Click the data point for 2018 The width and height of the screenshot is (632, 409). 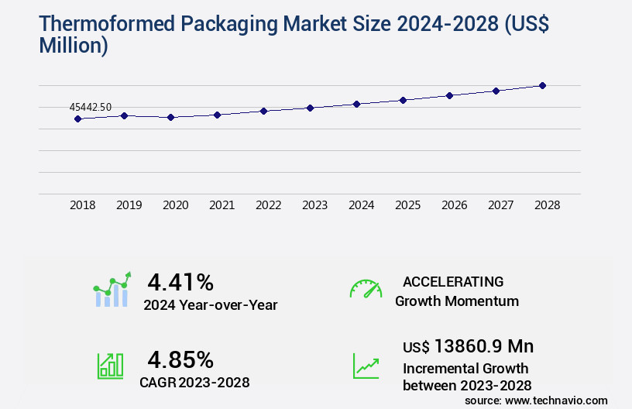[x=77, y=119]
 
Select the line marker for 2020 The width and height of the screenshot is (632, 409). [x=171, y=117]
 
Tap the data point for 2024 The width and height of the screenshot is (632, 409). [x=356, y=104]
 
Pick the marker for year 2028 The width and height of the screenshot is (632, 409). [x=542, y=85]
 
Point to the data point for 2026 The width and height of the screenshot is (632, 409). [x=449, y=95]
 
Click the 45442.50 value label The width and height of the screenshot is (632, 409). [x=91, y=107]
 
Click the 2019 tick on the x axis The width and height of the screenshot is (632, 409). [x=129, y=205]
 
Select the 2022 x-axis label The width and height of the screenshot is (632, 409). [x=269, y=205]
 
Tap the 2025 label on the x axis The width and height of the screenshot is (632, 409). [x=408, y=205]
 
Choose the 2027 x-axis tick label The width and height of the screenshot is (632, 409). [x=501, y=205]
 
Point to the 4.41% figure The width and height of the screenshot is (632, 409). [x=180, y=281]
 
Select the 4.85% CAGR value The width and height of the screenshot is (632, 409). [x=180, y=359]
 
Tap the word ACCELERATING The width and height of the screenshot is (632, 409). [x=453, y=281]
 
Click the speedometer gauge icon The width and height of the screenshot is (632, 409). [x=366, y=289]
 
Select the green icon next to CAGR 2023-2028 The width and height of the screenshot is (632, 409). [x=110, y=366]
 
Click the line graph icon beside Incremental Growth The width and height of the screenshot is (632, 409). [x=366, y=366]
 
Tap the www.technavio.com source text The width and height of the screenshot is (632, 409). [x=557, y=400]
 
